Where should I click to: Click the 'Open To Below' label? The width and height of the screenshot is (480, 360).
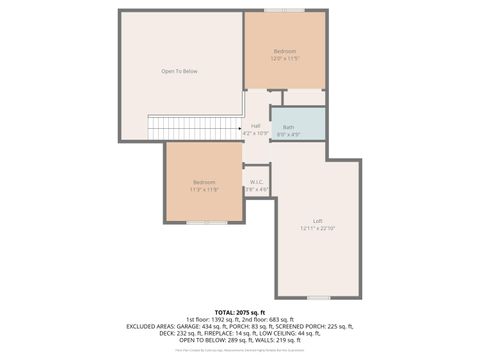(180, 71)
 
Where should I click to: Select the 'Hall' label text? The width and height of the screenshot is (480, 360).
(256, 125)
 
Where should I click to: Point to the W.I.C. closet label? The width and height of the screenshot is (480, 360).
(256, 182)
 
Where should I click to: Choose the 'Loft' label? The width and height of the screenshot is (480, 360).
(317, 221)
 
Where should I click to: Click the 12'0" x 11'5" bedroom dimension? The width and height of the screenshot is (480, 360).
(285, 58)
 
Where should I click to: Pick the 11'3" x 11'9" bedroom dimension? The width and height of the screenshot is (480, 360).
(204, 188)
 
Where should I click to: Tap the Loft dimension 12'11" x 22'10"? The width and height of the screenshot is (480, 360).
(317, 228)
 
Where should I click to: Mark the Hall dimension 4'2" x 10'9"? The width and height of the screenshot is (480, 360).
(256, 132)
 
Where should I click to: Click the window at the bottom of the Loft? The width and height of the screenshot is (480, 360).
(318, 297)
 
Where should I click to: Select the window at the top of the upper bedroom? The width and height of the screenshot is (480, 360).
(285, 10)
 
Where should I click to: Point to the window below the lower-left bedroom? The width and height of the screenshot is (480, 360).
(204, 222)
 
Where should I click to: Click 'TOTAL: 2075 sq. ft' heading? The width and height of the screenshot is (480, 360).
(240, 311)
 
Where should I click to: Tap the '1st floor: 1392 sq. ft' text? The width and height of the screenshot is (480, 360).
(209, 319)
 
